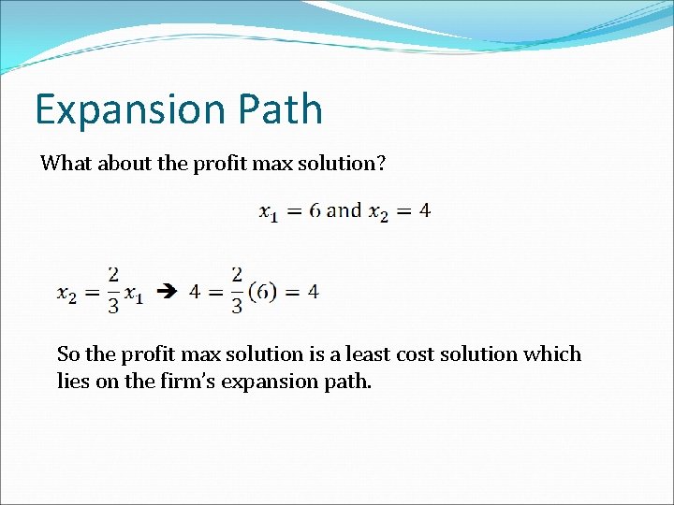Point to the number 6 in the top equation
pos(315,210)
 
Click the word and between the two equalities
pos(344,210)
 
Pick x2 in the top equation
pos(379,212)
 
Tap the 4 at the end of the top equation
pos(425,210)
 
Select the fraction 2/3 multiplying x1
pos(113,292)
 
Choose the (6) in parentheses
pos(264,292)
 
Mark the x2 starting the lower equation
pos(67,294)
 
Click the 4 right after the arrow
pos(195,292)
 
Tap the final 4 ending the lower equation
pos(313,292)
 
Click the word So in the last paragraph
pos(68,354)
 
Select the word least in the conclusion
pos(367,354)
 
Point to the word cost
pos(414,354)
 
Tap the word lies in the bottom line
pos(73,382)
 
